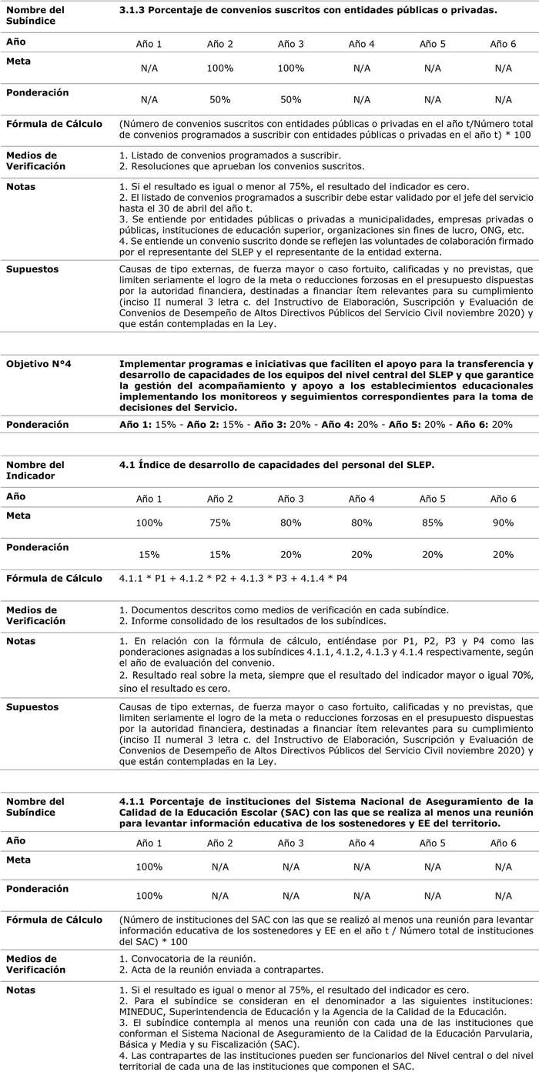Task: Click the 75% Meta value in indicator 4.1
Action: tap(219, 523)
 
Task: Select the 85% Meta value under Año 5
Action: tap(432, 523)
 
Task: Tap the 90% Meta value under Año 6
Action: tap(503, 523)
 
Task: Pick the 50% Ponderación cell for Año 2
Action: tap(219, 100)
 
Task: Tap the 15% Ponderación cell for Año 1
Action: tap(149, 555)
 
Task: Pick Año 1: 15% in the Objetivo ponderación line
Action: tap(149, 425)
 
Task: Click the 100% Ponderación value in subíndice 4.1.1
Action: tap(149, 897)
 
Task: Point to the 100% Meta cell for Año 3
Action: tap(290, 68)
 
